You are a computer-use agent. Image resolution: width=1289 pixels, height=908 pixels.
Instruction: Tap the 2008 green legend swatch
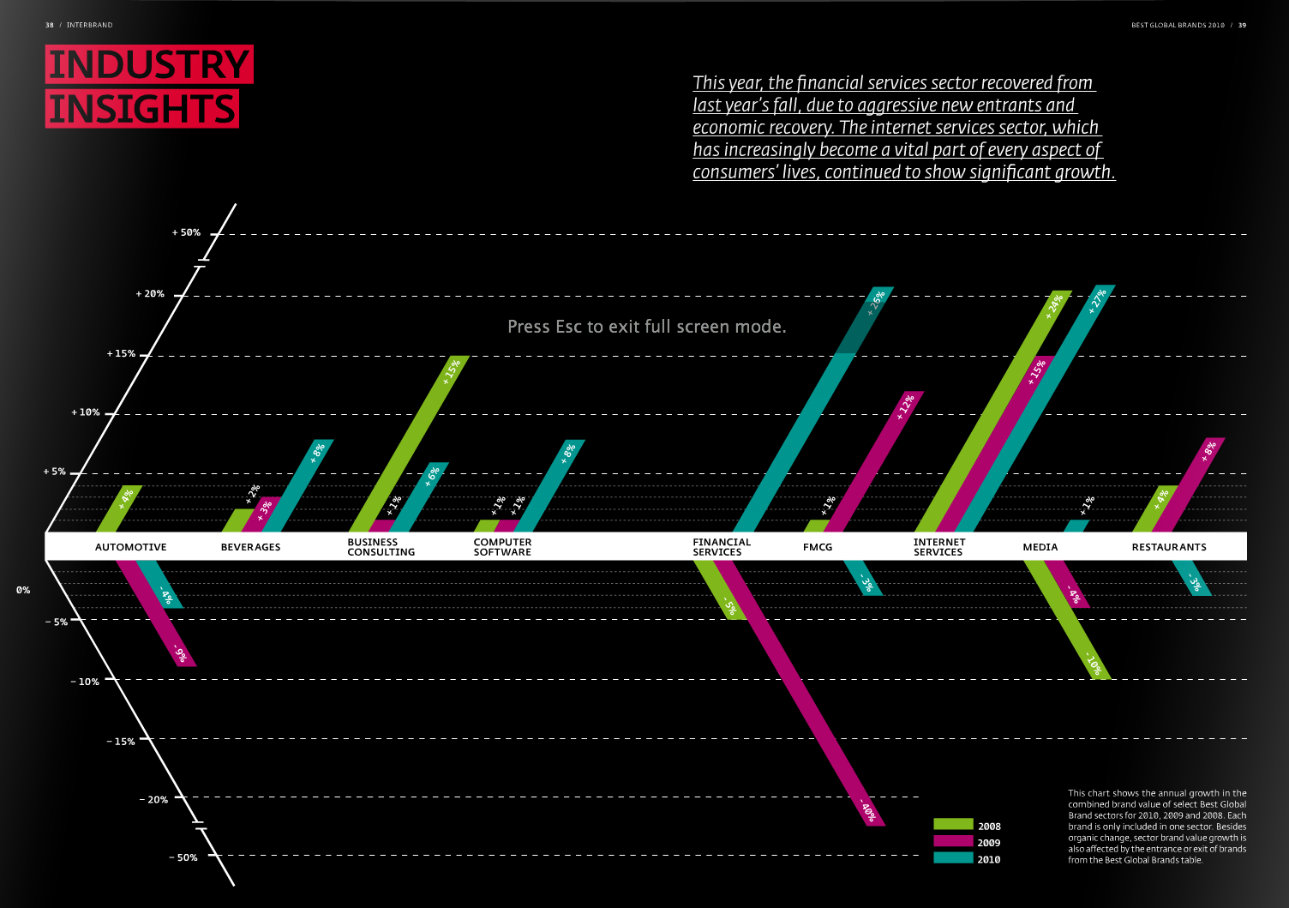(x=953, y=825)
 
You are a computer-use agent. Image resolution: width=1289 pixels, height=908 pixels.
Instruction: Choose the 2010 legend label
(x=988, y=859)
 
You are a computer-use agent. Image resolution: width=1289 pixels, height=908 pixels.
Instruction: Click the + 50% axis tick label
(x=186, y=232)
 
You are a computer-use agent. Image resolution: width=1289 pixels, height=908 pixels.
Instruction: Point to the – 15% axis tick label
(x=121, y=742)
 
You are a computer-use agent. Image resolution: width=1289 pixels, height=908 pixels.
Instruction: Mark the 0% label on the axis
(x=23, y=590)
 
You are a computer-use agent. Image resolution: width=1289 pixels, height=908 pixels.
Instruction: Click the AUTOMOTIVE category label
(x=131, y=547)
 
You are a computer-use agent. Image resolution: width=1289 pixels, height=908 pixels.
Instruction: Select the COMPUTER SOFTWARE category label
(x=502, y=547)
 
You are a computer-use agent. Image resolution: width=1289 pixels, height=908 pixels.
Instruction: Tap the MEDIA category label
(x=1040, y=547)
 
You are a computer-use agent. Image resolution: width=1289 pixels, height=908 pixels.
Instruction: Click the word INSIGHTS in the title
(x=142, y=109)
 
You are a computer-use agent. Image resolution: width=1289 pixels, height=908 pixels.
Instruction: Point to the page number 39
(x=1242, y=25)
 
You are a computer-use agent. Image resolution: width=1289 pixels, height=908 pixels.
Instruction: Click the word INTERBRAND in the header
(x=89, y=25)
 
